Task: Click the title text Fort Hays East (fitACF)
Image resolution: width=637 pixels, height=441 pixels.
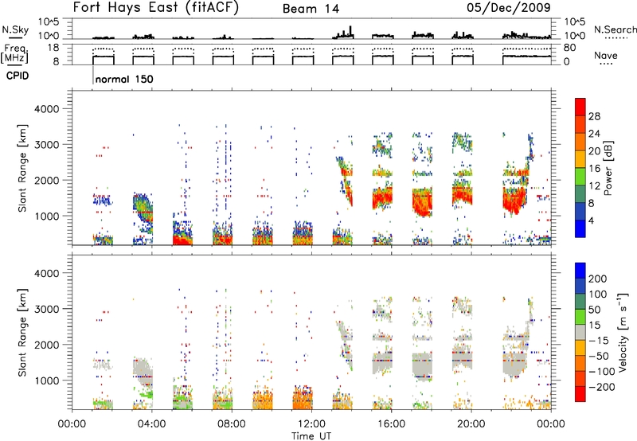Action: [155, 7]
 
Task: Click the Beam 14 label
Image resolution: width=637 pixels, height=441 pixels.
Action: [311, 9]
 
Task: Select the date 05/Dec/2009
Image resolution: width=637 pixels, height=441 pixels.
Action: [509, 7]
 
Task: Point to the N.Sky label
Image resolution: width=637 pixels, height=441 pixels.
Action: [15, 29]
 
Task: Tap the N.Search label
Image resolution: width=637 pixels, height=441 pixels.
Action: [615, 29]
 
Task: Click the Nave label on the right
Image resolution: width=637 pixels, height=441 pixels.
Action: [606, 55]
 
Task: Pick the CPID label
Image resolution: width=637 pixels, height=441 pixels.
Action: [18, 76]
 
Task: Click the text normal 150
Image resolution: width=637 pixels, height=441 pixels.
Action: [124, 79]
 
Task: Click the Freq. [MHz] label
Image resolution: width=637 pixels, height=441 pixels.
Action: [15, 54]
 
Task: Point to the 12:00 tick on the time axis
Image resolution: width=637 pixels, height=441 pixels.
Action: [311, 424]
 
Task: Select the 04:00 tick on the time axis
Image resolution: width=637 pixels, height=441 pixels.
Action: [152, 424]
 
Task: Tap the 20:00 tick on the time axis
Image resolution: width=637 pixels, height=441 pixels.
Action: [471, 424]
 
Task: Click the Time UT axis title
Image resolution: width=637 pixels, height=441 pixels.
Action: [311, 436]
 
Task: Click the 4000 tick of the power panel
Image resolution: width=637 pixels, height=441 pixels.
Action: [47, 109]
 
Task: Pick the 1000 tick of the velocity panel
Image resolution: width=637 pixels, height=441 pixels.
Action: [47, 381]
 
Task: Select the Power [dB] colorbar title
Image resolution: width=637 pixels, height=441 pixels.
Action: [607, 168]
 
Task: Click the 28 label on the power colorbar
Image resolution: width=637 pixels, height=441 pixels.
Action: [594, 116]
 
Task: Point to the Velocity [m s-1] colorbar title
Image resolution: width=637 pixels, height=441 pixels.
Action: [622, 332]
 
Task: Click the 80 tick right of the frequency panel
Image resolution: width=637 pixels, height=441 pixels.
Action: [569, 48]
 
